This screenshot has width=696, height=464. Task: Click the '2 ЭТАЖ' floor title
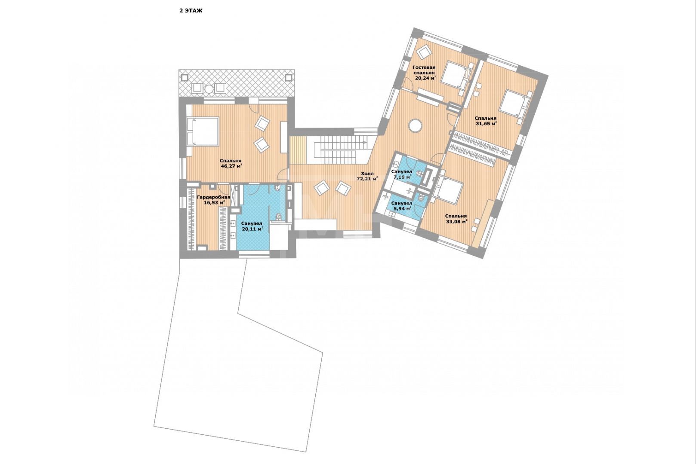(x=191, y=11)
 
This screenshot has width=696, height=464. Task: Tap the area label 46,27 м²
(x=231, y=166)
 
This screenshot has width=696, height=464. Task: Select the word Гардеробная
(x=213, y=197)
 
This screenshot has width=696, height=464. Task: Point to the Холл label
(x=367, y=174)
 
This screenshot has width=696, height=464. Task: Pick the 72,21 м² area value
(x=367, y=179)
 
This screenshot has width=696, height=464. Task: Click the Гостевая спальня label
(x=424, y=70)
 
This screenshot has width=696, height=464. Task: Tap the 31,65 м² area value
(x=486, y=123)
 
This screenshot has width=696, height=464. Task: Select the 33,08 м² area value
(x=456, y=221)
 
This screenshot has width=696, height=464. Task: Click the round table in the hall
(x=415, y=126)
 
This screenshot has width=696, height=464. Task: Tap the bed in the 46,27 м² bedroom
(x=203, y=131)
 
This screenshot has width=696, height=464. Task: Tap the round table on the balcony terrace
(x=209, y=89)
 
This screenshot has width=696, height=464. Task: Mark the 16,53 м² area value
(x=213, y=202)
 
